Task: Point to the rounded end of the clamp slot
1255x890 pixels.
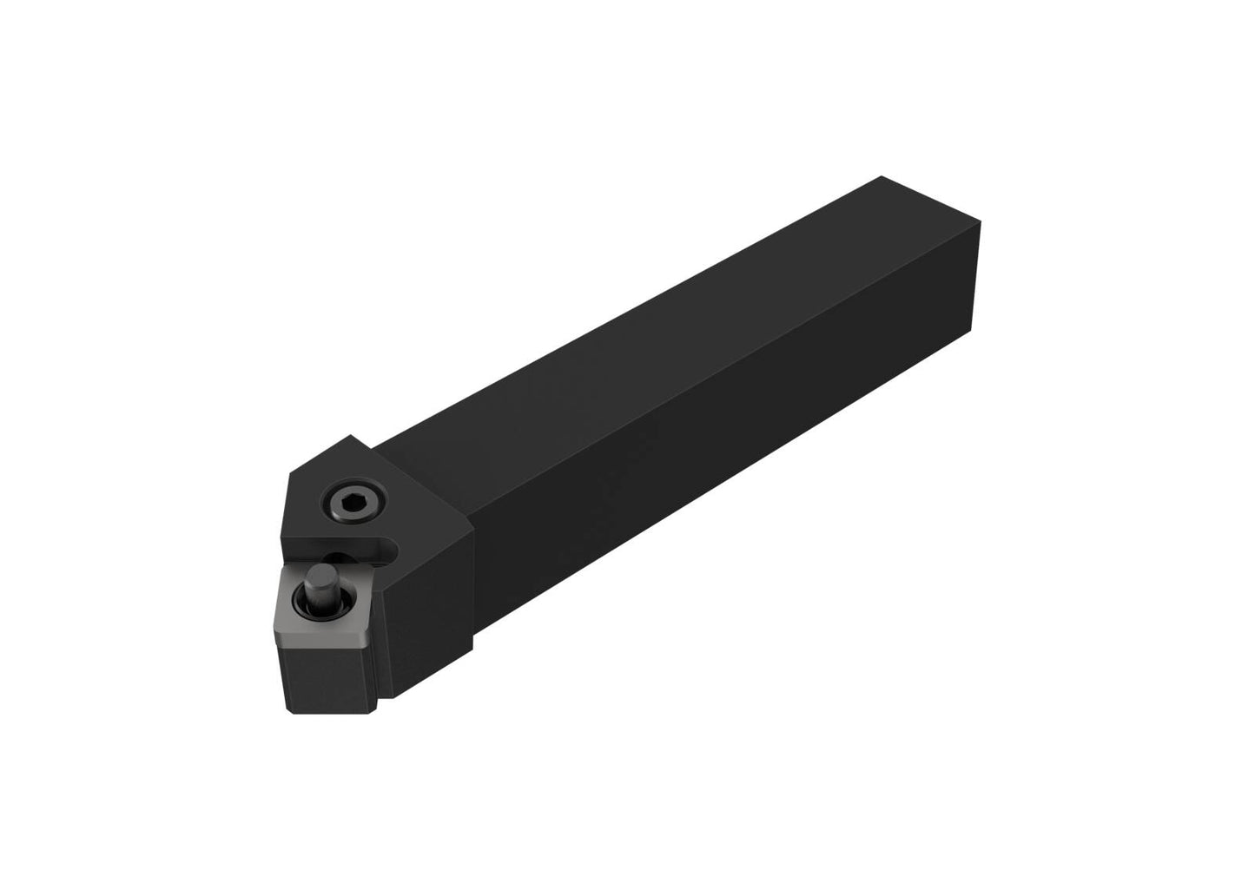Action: tap(392, 548)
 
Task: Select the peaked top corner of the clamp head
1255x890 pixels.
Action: tap(351, 435)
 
